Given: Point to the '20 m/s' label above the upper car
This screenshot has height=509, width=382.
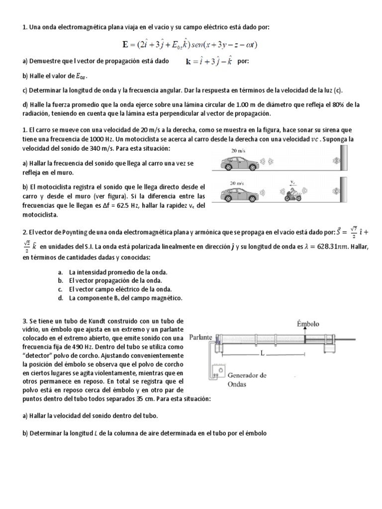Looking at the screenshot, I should click(237, 149).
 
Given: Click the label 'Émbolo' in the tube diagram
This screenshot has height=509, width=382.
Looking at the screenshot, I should click(308, 324).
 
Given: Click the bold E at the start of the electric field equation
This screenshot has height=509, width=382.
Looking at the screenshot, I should click(125, 44).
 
